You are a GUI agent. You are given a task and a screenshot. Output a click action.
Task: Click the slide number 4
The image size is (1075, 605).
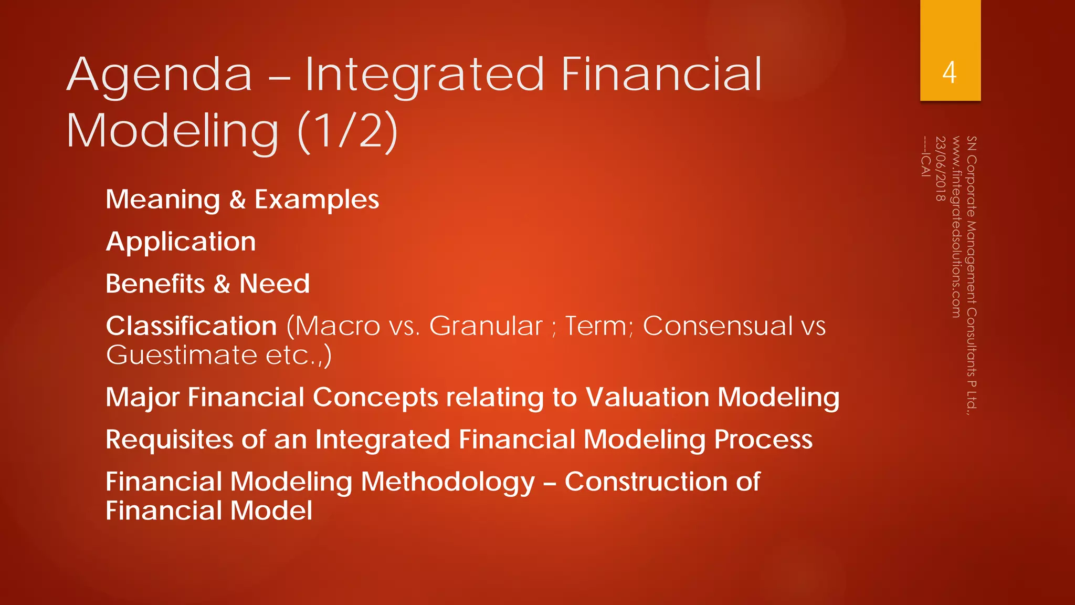[949, 72]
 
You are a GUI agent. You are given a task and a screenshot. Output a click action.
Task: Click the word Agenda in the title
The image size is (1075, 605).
[160, 76]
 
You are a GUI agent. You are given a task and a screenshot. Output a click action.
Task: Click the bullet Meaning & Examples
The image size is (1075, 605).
[242, 200]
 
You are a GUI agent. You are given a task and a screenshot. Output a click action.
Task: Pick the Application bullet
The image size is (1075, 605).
[181, 242]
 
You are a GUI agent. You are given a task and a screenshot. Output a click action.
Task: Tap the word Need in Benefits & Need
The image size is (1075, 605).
[274, 284]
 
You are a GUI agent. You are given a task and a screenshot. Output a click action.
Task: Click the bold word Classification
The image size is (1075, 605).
[191, 326]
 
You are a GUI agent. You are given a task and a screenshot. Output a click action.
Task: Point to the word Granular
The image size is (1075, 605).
[486, 326]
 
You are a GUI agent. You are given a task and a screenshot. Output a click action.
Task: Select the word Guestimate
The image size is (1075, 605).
[181, 355]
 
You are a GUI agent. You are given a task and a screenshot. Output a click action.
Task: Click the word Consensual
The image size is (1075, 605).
[718, 326]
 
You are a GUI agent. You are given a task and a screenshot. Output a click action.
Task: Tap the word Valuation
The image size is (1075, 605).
[647, 397]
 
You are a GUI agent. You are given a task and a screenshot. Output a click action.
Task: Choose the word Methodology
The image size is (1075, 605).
[448, 482]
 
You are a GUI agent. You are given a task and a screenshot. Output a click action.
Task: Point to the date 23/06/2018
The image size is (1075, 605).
[940, 169]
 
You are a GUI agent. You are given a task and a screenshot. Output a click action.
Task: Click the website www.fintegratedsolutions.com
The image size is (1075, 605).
[956, 227]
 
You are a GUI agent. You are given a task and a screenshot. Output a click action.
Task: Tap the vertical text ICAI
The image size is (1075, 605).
[925, 164]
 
